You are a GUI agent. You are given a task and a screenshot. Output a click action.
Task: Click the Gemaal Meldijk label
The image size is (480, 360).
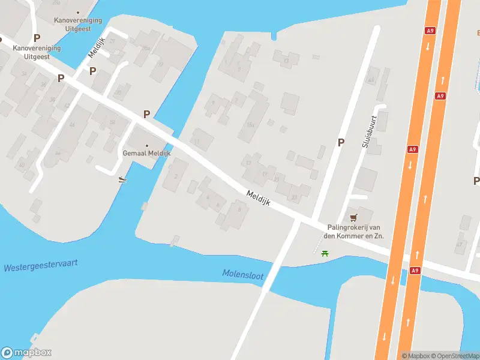click(x=147, y=153)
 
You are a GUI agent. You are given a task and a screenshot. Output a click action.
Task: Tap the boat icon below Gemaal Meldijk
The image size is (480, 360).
click(x=122, y=179)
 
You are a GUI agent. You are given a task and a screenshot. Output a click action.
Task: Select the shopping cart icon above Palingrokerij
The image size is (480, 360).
click(x=353, y=217)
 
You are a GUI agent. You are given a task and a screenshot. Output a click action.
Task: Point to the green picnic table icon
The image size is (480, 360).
click(x=326, y=253)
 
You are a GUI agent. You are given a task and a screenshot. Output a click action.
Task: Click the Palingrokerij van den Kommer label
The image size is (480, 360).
click(x=355, y=232)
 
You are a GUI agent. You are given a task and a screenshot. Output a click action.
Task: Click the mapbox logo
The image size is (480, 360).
click(x=26, y=353)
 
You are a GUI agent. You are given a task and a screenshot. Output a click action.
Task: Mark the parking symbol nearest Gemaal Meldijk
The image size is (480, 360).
click(x=146, y=114)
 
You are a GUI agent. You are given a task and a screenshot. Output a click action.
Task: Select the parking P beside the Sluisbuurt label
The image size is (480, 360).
click(x=341, y=142)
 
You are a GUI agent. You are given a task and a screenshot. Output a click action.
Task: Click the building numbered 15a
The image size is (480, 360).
click(x=250, y=124)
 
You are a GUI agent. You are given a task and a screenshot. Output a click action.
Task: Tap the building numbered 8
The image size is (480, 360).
click(x=239, y=209)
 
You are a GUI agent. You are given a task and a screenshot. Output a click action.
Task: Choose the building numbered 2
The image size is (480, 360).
click(x=176, y=176)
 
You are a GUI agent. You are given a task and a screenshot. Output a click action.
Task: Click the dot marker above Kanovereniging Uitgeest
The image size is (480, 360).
click(x=77, y=12)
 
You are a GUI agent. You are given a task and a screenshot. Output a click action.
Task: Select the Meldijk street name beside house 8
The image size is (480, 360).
click(x=259, y=198)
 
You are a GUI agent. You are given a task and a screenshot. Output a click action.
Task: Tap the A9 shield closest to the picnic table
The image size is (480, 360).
click(x=415, y=271)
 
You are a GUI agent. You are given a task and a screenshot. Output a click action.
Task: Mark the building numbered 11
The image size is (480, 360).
click(x=197, y=142)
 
